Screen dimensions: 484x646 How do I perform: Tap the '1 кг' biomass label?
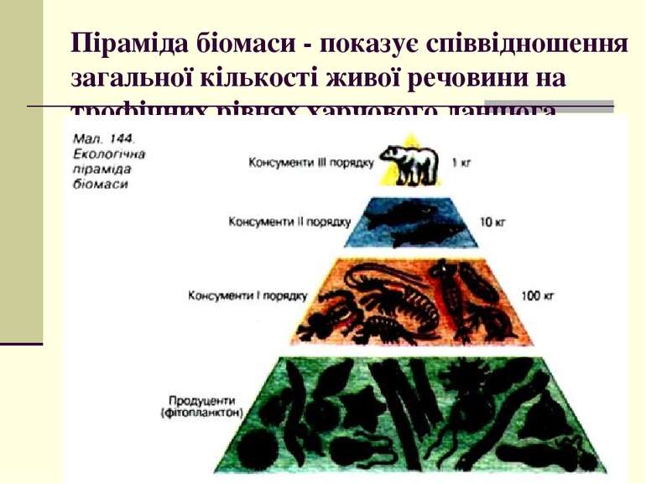461,162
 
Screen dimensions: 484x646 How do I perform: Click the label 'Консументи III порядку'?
310,162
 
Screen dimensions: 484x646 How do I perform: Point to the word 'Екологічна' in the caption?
110,154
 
